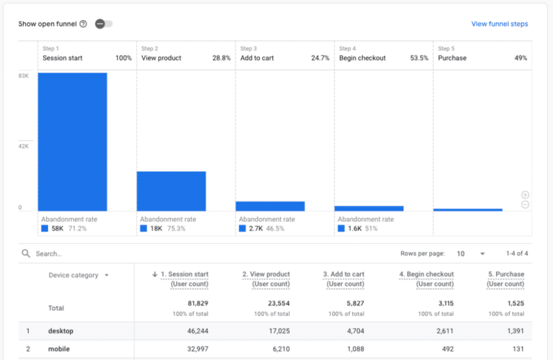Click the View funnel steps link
click(499, 24)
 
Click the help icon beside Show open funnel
click(83, 24)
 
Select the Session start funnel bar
click(73, 141)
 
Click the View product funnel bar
click(171, 191)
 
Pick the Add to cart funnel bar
click(270, 206)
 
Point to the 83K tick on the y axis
click(24, 76)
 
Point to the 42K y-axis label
click(24, 146)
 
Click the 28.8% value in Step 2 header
click(221, 58)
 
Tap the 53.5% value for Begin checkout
click(418, 58)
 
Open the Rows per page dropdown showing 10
click(471, 253)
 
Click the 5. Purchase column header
click(505, 279)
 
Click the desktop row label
click(61, 330)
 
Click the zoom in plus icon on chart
click(525, 194)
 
